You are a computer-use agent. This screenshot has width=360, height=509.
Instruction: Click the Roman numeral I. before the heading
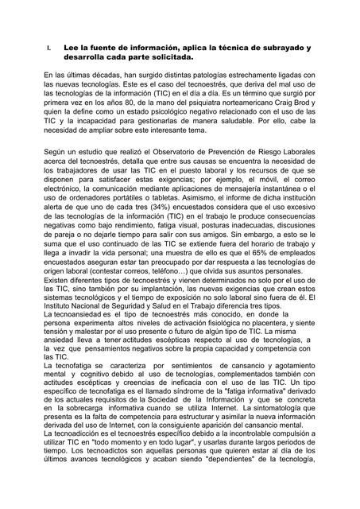tap(49, 49)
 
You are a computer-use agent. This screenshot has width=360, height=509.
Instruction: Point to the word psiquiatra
tap(195, 103)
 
